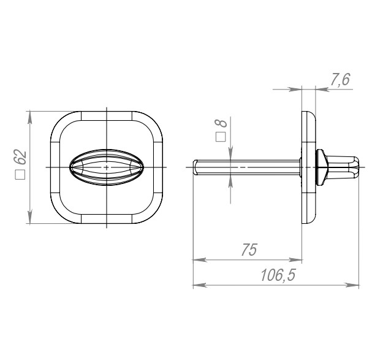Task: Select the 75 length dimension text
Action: tap(248, 250)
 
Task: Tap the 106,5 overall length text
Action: tap(278, 275)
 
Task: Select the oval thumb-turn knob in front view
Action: tap(107, 167)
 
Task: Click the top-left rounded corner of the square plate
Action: tap(59, 121)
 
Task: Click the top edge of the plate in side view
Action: tap(305, 113)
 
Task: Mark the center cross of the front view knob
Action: tap(107, 167)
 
